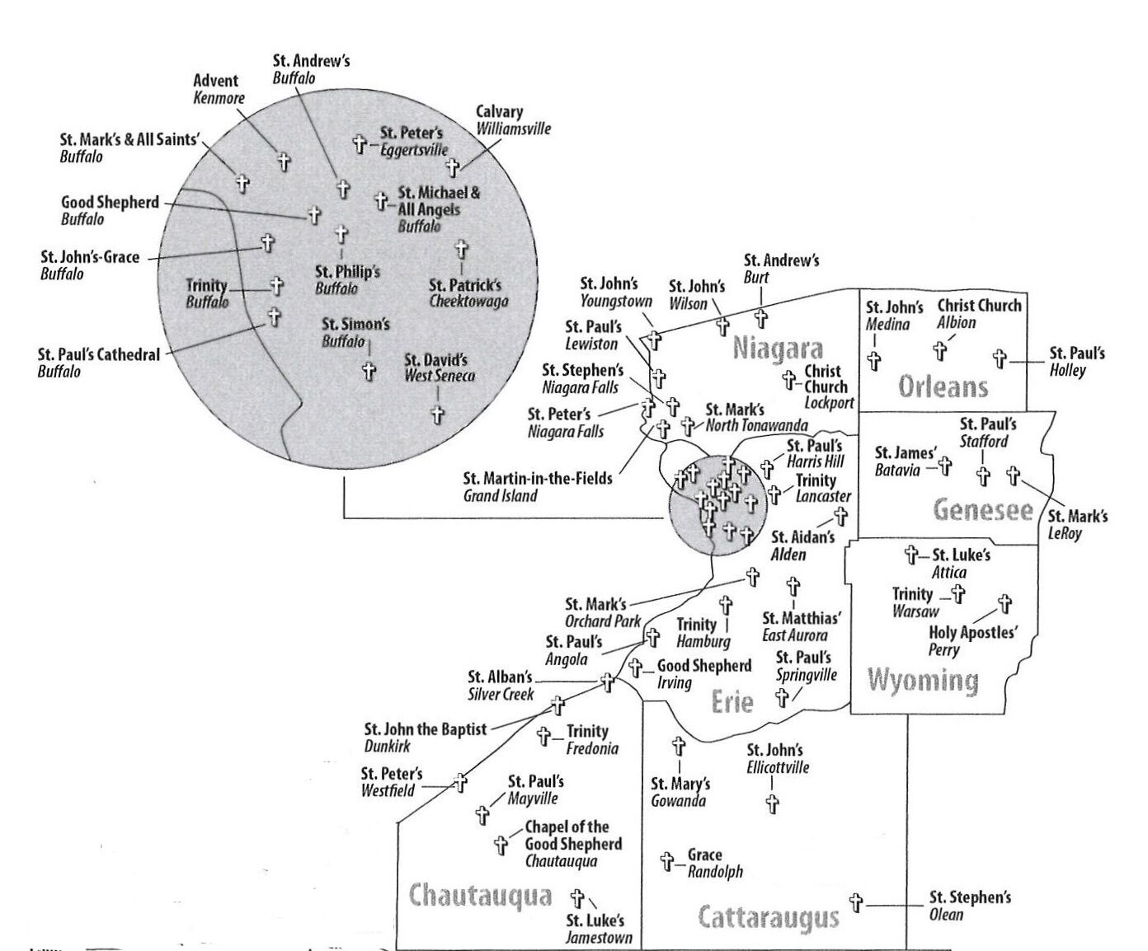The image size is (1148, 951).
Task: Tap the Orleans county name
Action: [943, 386]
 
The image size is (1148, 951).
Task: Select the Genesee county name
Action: [983, 510]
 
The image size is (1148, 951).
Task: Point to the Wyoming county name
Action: [923, 681]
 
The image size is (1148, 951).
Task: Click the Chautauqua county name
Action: [480, 896]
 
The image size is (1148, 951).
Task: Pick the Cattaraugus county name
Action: [769, 918]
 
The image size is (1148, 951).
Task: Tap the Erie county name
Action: [732, 702]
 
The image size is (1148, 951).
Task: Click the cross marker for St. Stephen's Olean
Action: [856, 902]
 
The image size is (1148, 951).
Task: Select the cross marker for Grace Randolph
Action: [667, 861]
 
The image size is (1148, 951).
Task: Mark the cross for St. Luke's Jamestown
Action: [577, 899]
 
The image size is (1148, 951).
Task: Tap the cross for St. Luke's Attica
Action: [911, 555]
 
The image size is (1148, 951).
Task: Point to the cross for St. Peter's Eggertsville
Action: [360, 144]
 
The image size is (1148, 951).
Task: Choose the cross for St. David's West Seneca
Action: [437, 415]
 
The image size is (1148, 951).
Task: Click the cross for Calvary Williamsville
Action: [453, 167]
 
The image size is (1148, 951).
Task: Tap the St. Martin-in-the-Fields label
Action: [538, 487]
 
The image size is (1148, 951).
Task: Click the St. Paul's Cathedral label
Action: [99, 363]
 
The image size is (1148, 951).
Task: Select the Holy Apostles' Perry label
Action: [973, 641]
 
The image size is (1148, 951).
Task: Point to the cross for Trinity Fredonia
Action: [543, 736]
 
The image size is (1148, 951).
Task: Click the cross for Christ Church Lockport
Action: [789, 379]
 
